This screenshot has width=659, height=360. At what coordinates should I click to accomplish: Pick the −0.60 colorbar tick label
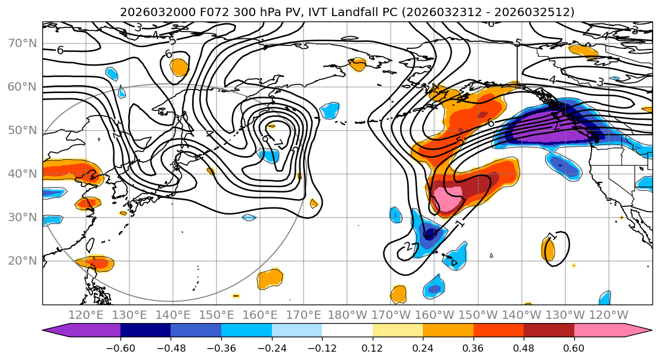tap(120, 347)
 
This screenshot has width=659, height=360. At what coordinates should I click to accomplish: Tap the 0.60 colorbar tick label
tap(574, 347)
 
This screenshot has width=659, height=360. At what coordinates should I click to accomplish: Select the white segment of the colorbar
tap(347, 330)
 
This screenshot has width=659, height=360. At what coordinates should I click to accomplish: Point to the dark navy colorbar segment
tap(146, 330)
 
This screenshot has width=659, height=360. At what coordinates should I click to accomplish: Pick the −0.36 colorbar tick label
tap(221, 347)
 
